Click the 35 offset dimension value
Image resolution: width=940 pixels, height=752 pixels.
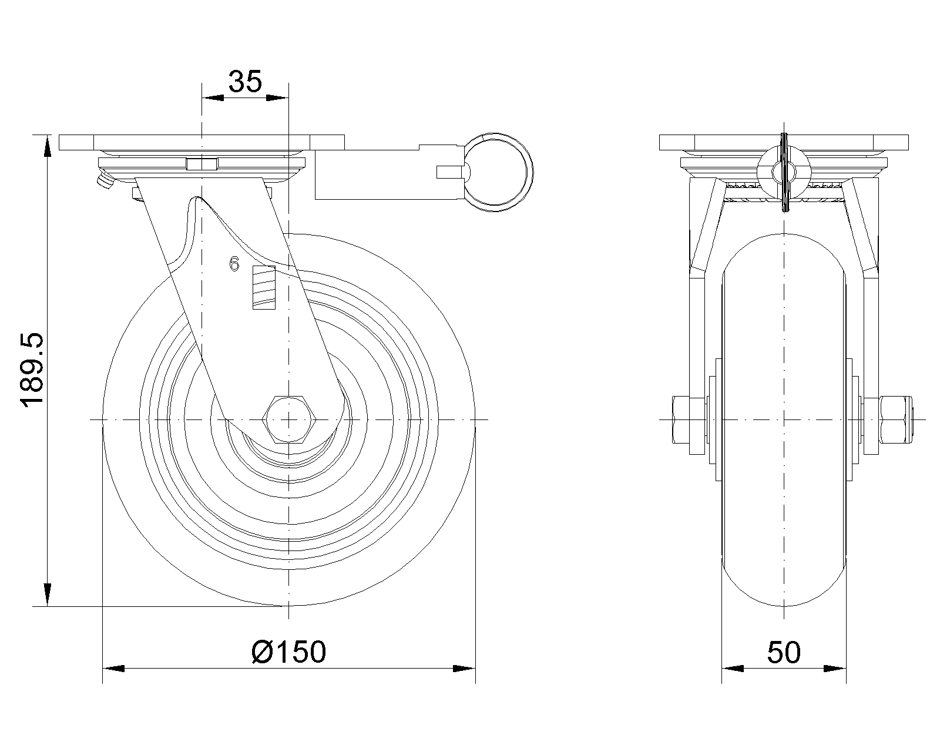pos(245,82)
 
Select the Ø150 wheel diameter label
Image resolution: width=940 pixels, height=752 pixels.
pos(288,652)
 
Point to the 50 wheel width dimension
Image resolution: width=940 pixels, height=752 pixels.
pos(784,652)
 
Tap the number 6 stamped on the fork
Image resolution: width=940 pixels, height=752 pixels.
pos(234,264)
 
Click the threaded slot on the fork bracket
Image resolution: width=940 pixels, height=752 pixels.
pos(264,287)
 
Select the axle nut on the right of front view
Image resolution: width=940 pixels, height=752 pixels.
pos(895,419)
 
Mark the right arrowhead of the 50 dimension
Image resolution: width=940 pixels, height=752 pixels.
pos(835,669)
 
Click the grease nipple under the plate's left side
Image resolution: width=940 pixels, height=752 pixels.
pos(104,182)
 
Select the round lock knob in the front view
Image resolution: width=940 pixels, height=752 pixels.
pos(784,171)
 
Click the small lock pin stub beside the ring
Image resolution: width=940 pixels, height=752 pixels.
pos(451,172)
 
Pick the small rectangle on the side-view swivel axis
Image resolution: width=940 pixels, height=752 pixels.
pos(201,164)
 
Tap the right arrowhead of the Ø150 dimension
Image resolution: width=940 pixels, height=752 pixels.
pos(464,669)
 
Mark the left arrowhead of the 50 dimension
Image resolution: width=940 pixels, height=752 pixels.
pos(733,669)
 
